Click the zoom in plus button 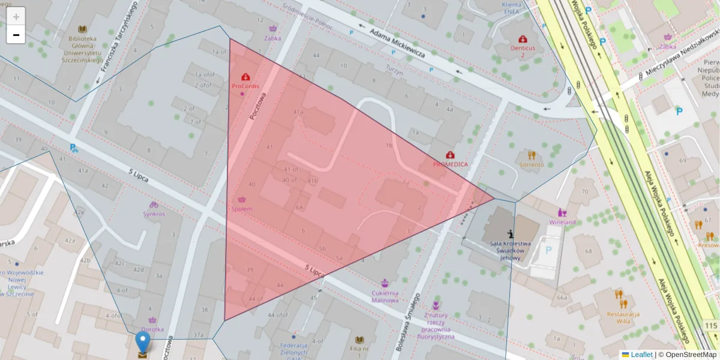16,17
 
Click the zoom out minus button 16,35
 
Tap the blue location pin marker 142,343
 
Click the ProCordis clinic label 245,86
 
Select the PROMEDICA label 450,164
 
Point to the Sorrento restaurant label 532,164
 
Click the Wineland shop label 562,223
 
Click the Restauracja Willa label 623,317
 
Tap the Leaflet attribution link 641,355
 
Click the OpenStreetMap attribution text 691,355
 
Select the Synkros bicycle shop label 154,214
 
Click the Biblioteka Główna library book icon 82,28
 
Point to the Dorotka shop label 152,329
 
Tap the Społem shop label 242,209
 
